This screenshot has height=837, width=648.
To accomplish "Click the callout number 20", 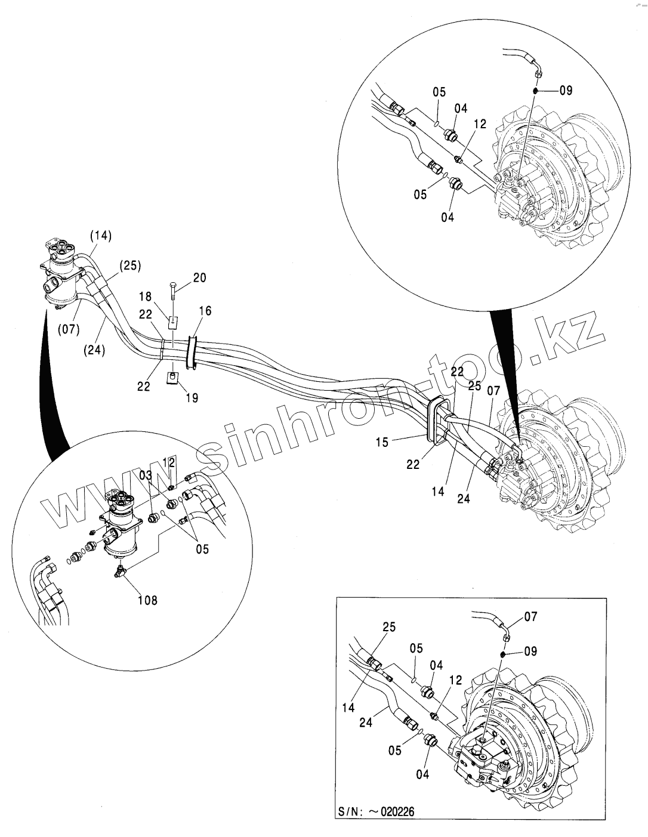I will [x=199, y=277].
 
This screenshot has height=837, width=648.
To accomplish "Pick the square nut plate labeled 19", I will [x=172, y=378].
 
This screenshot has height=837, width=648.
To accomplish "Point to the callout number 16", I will [x=205, y=311].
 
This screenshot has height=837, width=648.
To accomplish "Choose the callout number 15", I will [x=382, y=442].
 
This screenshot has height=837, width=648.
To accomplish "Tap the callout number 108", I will [x=147, y=600].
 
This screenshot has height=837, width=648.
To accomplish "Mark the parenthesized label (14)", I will [x=101, y=236].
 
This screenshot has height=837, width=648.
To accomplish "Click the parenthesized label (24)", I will [x=93, y=350].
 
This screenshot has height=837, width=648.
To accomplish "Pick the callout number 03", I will [x=146, y=474].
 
